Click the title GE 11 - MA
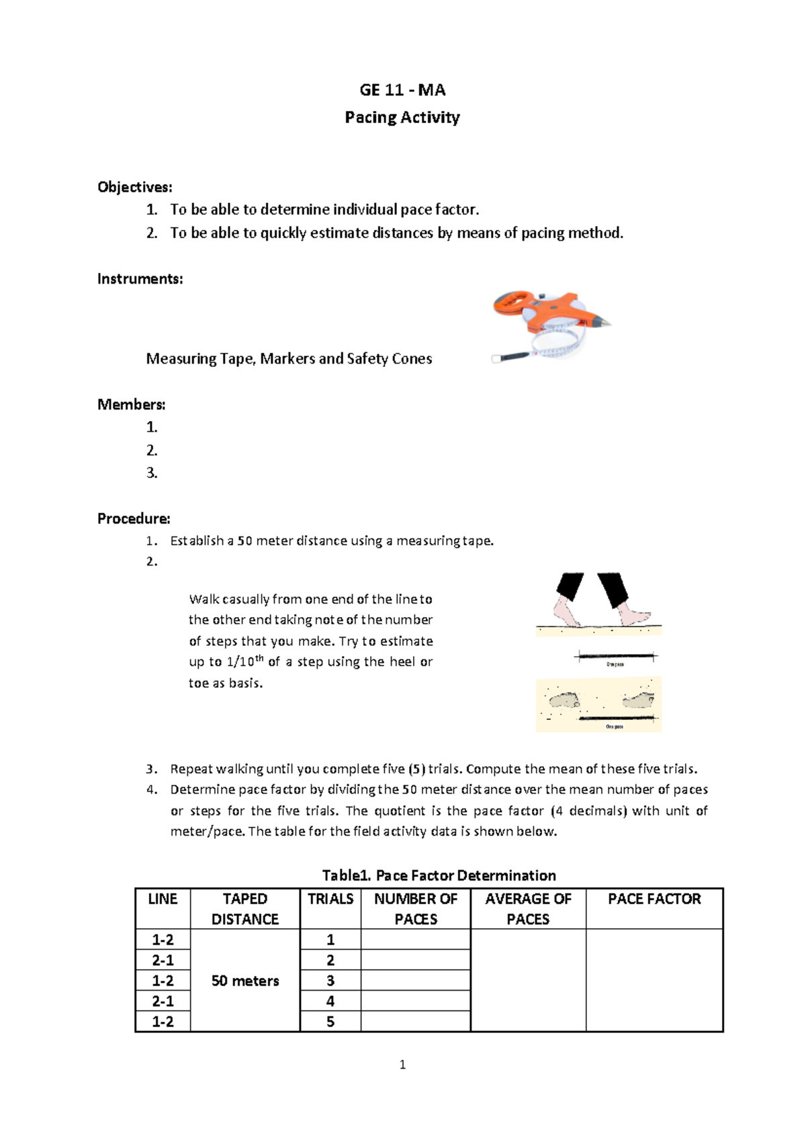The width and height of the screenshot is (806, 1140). [402, 90]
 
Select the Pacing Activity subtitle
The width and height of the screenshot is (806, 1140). [402, 118]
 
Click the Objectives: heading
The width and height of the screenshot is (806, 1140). [134, 187]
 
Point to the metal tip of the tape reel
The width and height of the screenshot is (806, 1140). [606, 323]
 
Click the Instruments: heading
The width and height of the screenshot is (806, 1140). [140, 279]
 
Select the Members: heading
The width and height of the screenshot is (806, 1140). [131, 405]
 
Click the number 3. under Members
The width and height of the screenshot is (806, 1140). [152, 473]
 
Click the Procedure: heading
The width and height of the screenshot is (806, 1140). [134, 519]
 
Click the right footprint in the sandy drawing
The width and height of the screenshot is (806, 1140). [638, 700]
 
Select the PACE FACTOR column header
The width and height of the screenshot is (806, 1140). [654, 899]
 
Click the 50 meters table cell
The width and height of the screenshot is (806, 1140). [245, 981]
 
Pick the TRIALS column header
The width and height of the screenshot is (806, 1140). [330, 899]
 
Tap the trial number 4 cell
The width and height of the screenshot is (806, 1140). [330, 1002]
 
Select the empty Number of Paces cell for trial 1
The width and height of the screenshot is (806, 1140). [416, 940]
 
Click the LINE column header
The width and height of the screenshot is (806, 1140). [163, 899]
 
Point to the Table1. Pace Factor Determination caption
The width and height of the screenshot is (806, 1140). [439, 876]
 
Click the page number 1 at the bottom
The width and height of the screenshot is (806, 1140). [402, 1065]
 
